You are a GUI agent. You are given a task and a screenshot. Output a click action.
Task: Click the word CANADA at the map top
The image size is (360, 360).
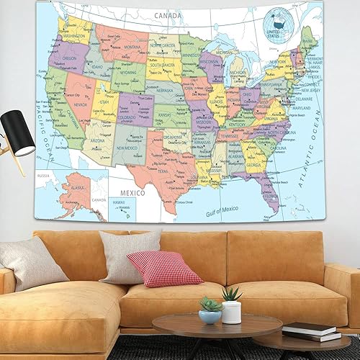pyautogui.click(x=164, y=13)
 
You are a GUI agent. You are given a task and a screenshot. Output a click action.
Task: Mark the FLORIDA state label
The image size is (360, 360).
pyautogui.click(x=271, y=195)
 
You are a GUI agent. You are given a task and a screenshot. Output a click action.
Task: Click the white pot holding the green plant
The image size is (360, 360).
pyautogui.click(x=231, y=312)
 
